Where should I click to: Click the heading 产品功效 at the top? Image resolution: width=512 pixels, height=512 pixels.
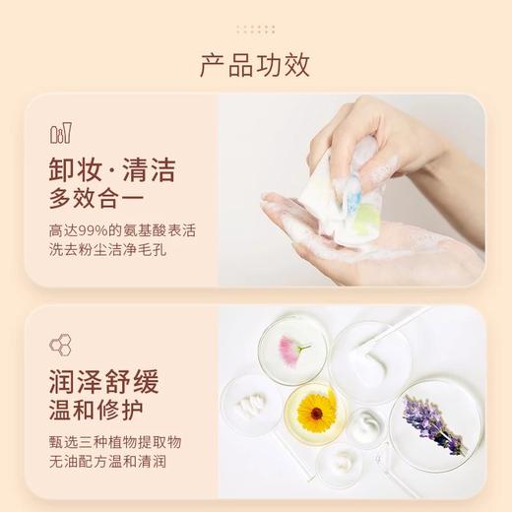(x=255, y=66)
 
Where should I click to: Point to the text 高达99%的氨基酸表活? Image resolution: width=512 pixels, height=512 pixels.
(x=122, y=231)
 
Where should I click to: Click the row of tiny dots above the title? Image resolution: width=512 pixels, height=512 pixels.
(x=255, y=19)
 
